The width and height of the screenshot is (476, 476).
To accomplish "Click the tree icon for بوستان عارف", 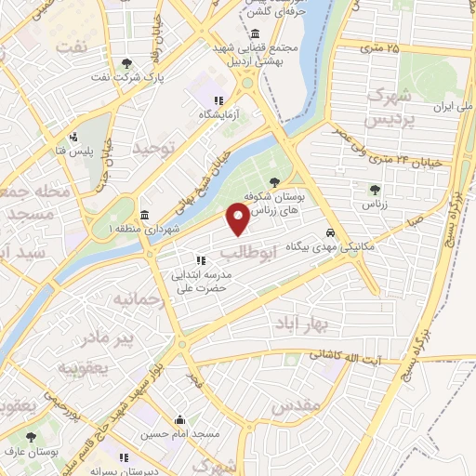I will [x=32, y=435].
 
